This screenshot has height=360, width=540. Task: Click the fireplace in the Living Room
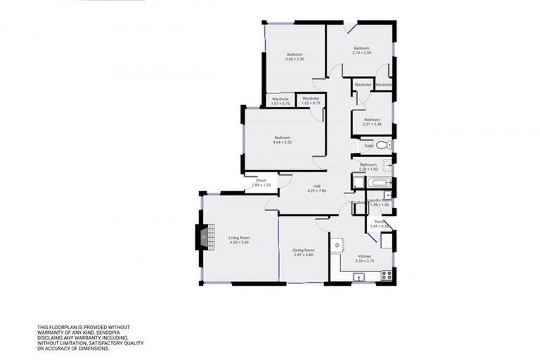pyautogui.click(x=202, y=238)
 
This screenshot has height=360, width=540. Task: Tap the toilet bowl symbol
pyautogui.click(x=381, y=146)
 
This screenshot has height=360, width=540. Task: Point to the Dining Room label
pyautogui.click(x=304, y=250)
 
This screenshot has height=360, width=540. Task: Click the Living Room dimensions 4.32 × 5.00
pyautogui.click(x=239, y=243)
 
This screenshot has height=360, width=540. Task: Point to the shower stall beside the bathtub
pyautogui.click(x=358, y=184)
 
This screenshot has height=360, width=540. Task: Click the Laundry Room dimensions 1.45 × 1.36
pyautogui.click(x=380, y=205)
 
